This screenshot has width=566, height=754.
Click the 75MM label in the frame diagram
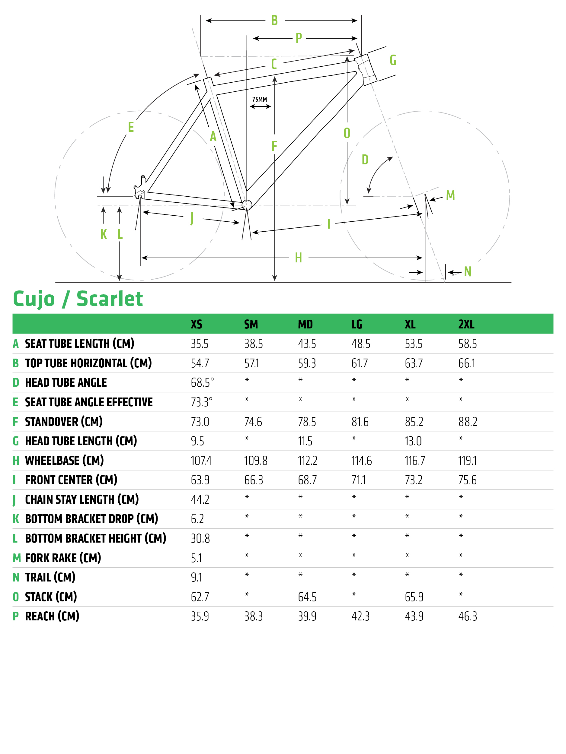click(259, 99)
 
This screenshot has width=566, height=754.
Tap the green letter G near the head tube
click(393, 60)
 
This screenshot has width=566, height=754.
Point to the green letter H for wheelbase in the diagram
click(298, 258)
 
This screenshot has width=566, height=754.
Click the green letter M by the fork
click(450, 195)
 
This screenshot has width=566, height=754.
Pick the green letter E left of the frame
click(131, 127)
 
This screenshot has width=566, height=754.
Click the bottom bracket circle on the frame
click(247, 205)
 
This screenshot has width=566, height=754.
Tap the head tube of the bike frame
click(366, 70)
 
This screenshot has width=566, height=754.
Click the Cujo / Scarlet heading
click(78, 299)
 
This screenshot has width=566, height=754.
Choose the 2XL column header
click(466, 324)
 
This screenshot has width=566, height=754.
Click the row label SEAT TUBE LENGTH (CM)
click(79, 344)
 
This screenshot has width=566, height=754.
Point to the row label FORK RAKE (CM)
click(63, 558)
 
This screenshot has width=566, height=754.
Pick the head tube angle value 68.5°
click(202, 382)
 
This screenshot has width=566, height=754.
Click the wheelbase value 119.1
click(467, 461)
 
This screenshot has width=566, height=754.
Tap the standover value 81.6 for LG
click(360, 422)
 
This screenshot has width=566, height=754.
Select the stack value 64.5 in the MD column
click(307, 597)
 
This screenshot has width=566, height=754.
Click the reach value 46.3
click(467, 616)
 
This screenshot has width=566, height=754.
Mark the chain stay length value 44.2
click(200, 499)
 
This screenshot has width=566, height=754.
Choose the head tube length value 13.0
click(413, 441)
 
